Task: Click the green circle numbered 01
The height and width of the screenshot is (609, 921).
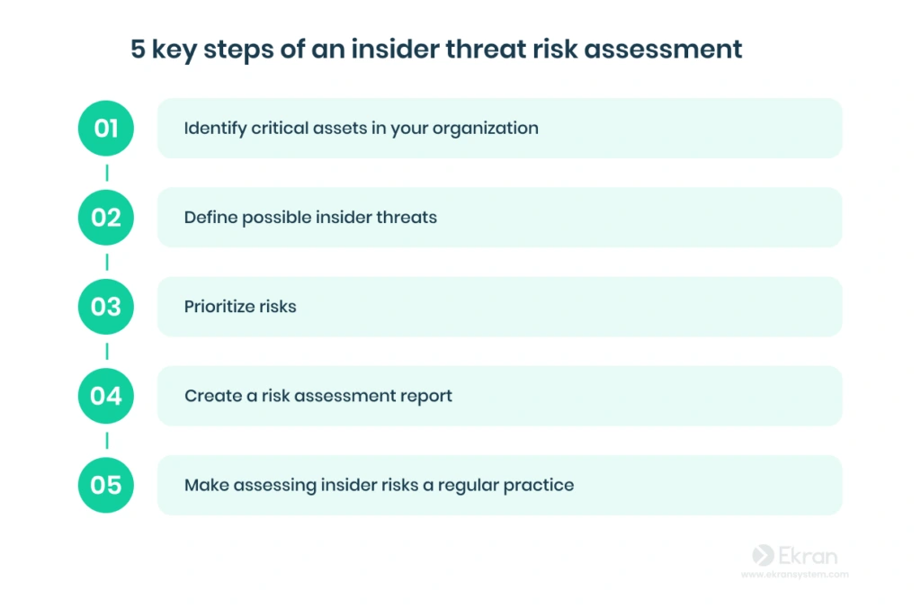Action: (106, 128)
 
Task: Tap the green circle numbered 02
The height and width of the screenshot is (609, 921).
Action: (106, 218)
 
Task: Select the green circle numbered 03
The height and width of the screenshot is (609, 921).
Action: (106, 307)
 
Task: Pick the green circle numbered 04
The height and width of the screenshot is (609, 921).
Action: (106, 396)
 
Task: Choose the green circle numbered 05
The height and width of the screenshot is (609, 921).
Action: (106, 485)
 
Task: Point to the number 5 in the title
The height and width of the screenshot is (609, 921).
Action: (138, 49)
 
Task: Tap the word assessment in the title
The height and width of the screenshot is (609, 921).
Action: (663, 49)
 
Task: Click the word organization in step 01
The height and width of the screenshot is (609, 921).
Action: (485, 129)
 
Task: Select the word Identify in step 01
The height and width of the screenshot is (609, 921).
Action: (215, 129)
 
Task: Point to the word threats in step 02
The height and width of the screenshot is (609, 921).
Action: (407, 218)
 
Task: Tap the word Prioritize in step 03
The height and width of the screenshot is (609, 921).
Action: (219, 307)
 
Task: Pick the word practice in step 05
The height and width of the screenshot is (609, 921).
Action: (539, 486)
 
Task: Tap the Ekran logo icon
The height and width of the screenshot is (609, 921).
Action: (763, 556)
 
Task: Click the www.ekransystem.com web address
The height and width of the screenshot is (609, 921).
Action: (795, 574)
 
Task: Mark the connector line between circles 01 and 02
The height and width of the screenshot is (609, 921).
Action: (107, 173)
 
